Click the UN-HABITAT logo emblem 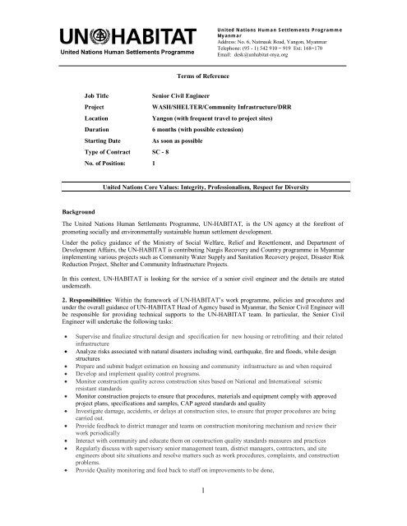coord(112,38)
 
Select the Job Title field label coord(100,96)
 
